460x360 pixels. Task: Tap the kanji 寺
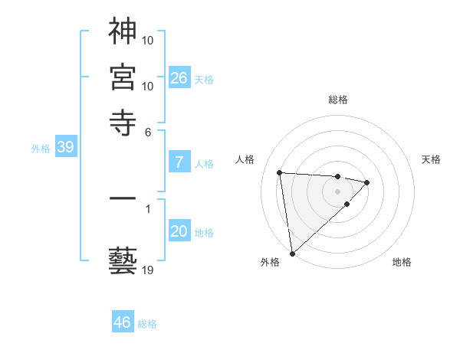[x=123, y=122]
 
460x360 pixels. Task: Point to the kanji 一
[x=123, y=198]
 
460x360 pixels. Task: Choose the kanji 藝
[x=123, y=260]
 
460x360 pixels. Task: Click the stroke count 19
[x=147, y=270]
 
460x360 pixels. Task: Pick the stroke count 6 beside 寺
[x=148, y=132]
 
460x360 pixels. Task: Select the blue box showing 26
[x=179, y=78]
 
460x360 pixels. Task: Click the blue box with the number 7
[x=179, y=162]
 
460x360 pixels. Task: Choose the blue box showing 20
[x=179, y=232]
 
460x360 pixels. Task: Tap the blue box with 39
[x=65, y=148]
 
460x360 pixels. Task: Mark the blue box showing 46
[x=122, y=322]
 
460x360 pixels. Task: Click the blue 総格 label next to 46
[x=147, y=324]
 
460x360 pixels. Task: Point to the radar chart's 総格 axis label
[x=337, y=100]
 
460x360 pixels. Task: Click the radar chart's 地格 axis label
[x=402, y=262]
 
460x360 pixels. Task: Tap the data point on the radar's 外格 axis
[x=292, y=253]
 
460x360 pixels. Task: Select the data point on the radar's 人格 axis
[x=280, y=172]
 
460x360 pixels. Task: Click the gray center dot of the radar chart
[x=337, y=191]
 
